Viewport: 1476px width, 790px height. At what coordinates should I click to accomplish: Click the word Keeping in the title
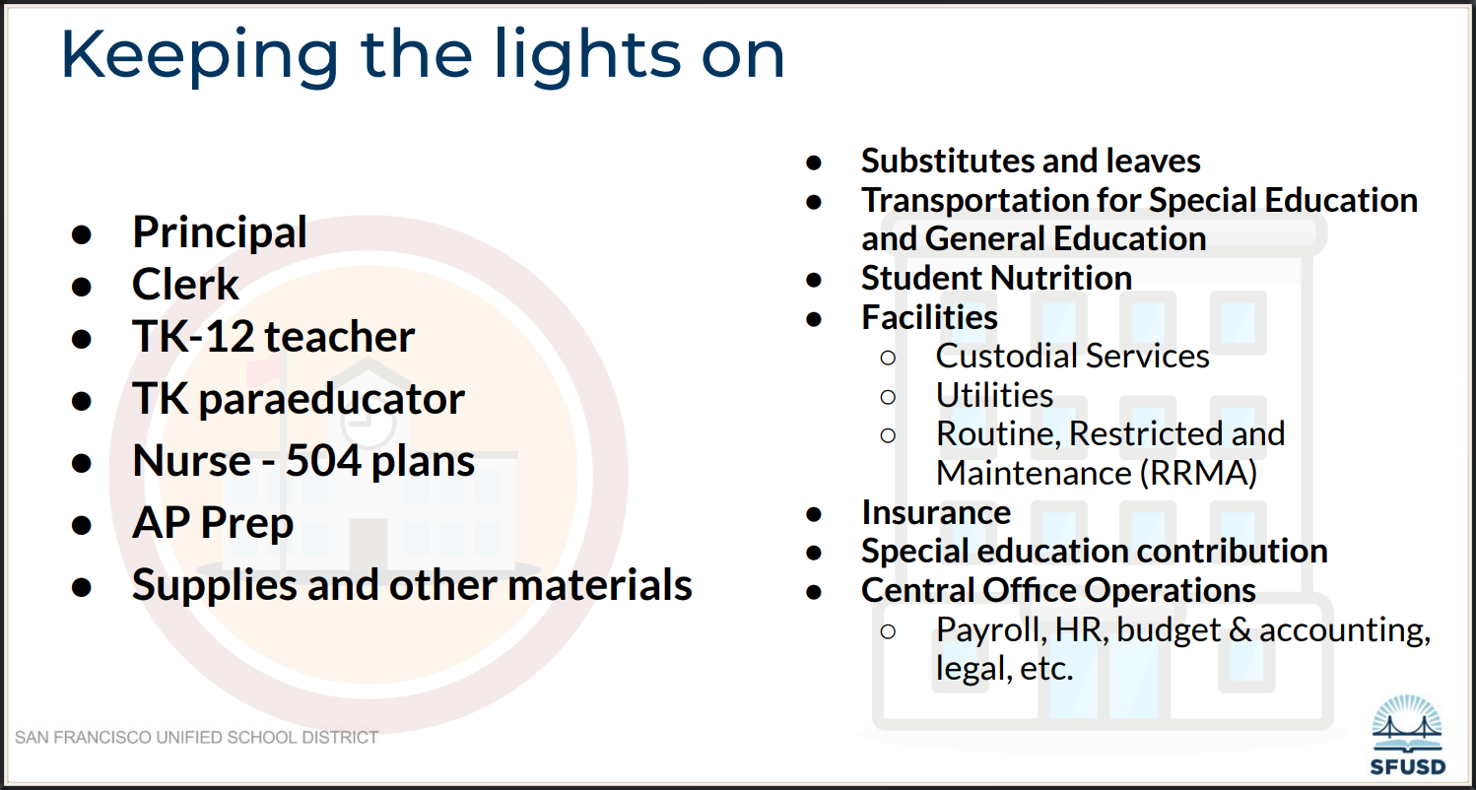tap(200, 56)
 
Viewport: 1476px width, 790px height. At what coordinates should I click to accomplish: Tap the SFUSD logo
tap(1407, 735)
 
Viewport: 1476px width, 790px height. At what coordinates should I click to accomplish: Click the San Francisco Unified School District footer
tap(196, 737)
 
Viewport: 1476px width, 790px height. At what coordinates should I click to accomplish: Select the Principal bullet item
tap(220, 231)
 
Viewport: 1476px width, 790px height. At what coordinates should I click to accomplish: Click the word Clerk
tap(185, 285)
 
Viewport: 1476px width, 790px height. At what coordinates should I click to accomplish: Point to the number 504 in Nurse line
tap(323, 460)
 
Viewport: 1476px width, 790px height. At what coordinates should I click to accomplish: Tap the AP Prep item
tap(213, 522)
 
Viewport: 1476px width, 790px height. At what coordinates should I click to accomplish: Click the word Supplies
tap(214, 585)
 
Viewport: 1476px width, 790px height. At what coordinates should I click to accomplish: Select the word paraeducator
tap(331, 399)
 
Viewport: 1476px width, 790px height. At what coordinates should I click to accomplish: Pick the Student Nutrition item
tap(996, 278)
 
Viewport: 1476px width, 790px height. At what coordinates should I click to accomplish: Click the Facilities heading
tap(929, 317)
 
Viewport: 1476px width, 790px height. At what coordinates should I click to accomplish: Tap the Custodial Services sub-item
tap(1072, 356)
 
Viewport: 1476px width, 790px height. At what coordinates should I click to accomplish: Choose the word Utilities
tap(994, 395)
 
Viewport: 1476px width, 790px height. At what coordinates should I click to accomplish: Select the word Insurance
tap(936, 512)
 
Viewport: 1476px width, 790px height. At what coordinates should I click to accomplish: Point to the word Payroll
tap(991, 629)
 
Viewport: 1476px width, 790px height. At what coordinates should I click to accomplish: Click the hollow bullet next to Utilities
tap(888, 396)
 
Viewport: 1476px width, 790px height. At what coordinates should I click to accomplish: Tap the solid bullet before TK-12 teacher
tap(82, 339)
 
